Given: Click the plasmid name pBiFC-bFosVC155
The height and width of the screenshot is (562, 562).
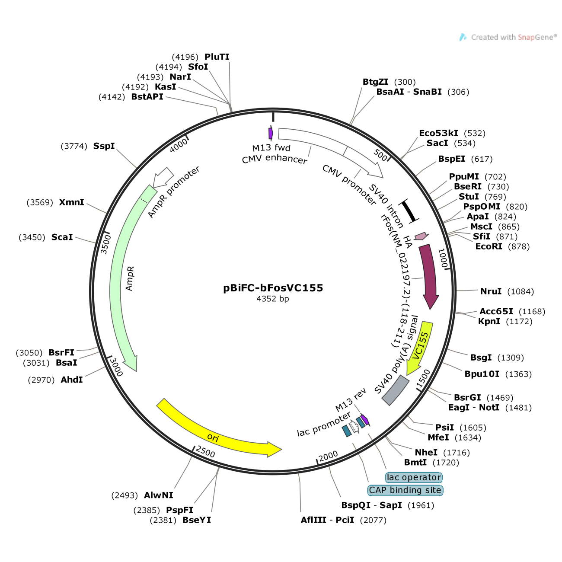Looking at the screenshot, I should click(x=273, y=288).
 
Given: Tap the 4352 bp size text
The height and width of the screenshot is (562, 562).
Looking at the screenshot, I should click(x=272, y=299).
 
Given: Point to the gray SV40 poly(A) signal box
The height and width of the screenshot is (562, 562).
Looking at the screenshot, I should click(x=396, y=390).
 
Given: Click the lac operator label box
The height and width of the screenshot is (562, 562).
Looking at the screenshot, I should click(x=414, y=477).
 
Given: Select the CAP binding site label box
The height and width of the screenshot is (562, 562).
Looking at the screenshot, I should click(x=405, y=490).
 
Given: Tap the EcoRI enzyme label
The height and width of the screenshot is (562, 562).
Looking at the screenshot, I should click(x=489, y=246).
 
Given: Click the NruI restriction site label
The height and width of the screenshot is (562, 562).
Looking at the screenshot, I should click(x=491, y=291).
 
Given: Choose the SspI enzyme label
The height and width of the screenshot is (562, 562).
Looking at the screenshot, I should click(x=104, y=146).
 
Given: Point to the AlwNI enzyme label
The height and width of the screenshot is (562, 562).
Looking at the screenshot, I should click(x=158, y=495).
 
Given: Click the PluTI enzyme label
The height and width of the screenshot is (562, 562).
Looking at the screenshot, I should click(x=217, y=57).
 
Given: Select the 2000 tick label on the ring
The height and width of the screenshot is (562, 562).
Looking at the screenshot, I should click(x=328, y=456).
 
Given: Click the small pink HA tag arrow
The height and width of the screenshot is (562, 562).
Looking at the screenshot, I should click(x=421, y=236).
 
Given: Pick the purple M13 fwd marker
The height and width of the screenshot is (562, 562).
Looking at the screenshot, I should click(x=271, y=133).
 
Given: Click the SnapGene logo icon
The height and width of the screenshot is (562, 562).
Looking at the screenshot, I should click(x=463, y=38).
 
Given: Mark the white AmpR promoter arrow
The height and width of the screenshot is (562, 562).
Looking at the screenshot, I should click(x=164, y=177).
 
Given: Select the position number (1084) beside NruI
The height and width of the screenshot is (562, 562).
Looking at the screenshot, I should click(x=520, y=291).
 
